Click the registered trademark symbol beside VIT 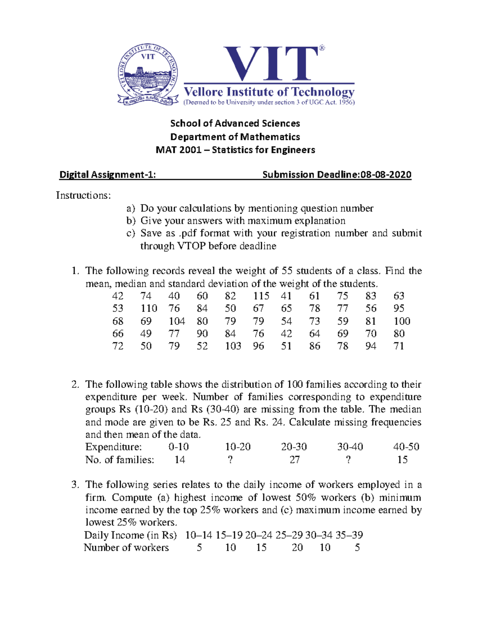tap(322, 48)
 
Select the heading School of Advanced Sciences tap(235, 123)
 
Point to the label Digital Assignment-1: tap(107, 175)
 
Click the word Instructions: tap(83, 195)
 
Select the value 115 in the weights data tap(261, 296)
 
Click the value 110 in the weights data tap(149, 308)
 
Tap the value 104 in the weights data tap(176, 321)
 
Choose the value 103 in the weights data tap(233, 346)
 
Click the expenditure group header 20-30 tap(294, 447)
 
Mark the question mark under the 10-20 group tap(230, 460)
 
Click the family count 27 tap(294, 460)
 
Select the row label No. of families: tap(119, 460)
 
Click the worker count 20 tap(297, 548)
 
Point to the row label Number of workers tap(126, 548)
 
